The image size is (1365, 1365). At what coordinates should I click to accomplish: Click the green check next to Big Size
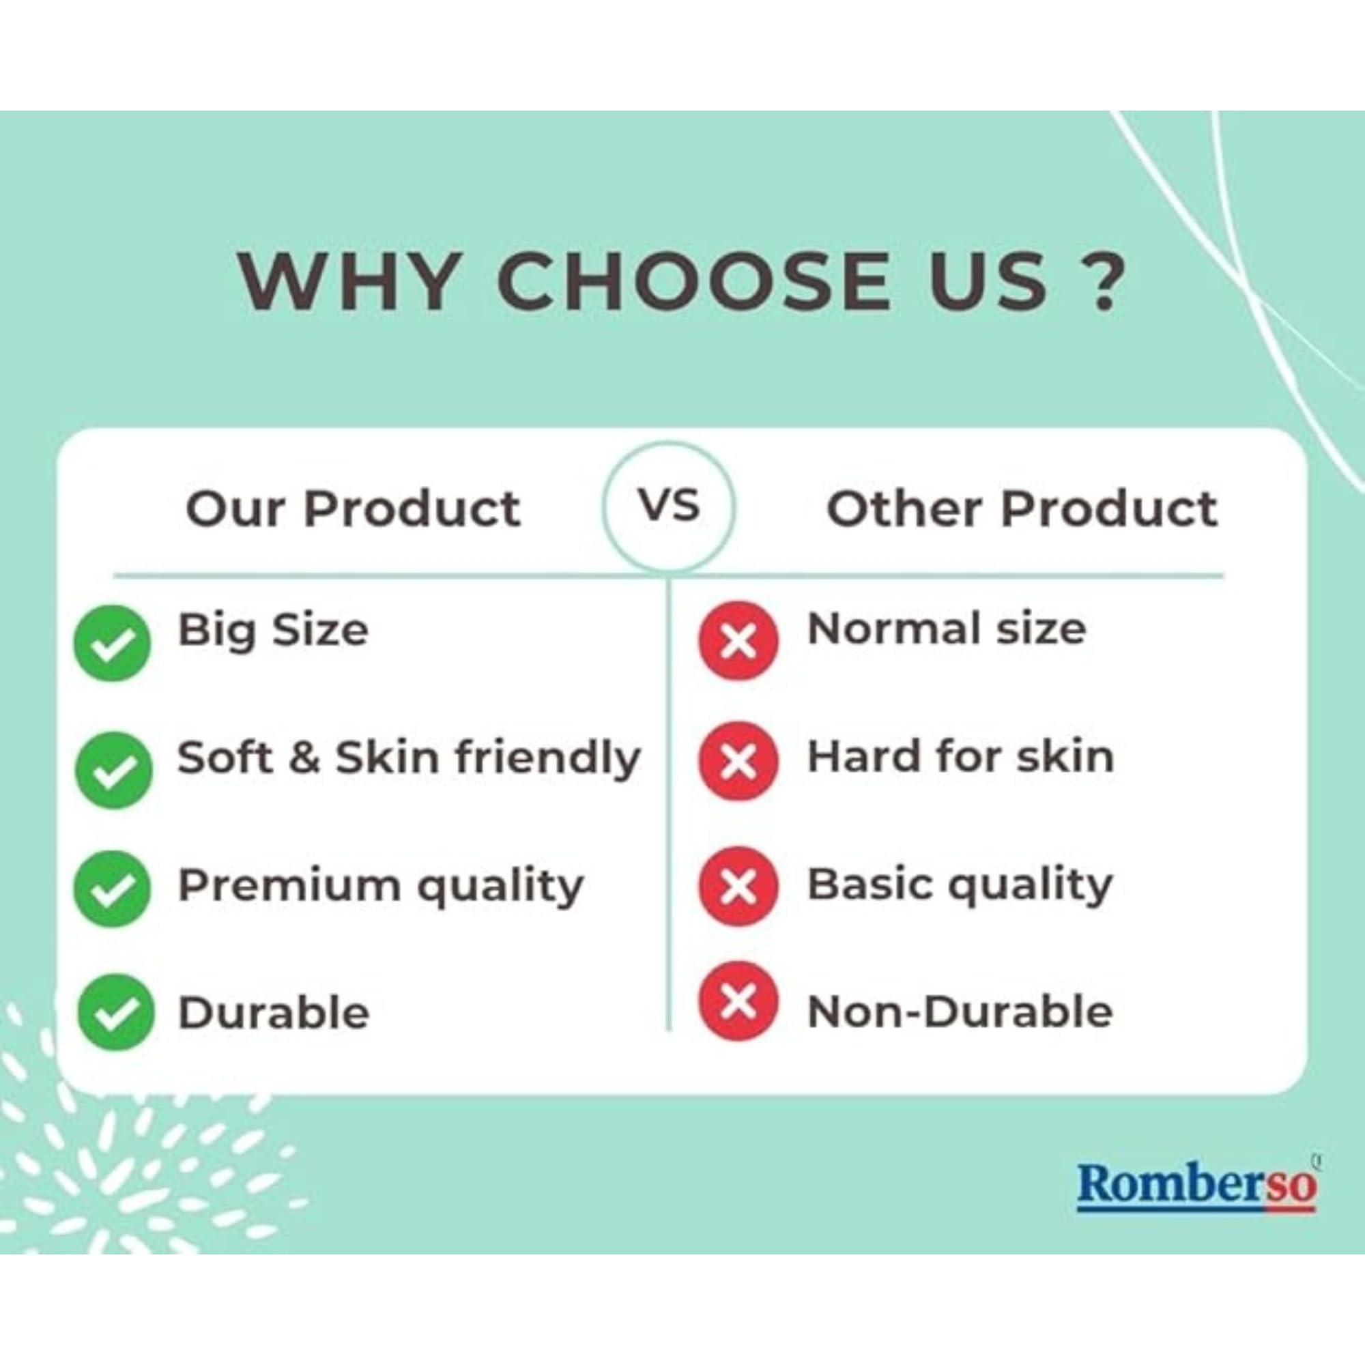coord(113,642)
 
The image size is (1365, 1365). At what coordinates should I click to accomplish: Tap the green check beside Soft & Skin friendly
coord(113,769)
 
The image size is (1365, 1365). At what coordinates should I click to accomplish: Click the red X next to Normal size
coord(738,641)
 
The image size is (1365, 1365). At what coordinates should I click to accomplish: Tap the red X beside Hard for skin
coord(738,761)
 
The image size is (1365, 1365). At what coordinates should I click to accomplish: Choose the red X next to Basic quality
coord(738,887)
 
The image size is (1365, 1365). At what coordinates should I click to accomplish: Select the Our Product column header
coord(353,508)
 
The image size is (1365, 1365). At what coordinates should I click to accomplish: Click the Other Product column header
coord(1022,508)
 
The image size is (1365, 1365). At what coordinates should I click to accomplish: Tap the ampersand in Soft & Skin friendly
coord(304,758)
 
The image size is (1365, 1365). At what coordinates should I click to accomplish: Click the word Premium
coord(288,885)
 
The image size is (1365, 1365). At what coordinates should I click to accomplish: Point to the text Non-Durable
coord(960,1011)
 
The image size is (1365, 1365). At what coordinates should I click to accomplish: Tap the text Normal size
coord(946,628)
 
